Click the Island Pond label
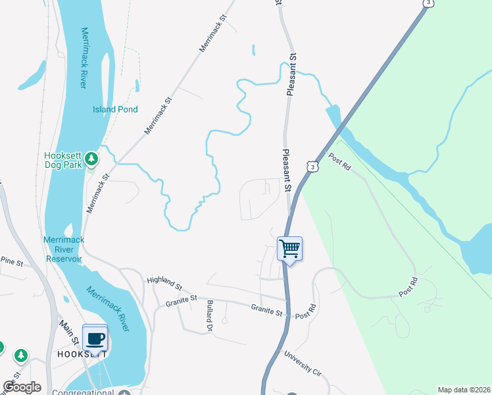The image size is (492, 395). click(115, 109)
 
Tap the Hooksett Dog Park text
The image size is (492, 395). click(62, 160)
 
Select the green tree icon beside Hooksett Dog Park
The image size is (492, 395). click(91, 159)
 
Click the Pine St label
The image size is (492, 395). click(12, 263)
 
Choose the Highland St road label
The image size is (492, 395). click(164, 282)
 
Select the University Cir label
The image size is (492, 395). click(303, 363)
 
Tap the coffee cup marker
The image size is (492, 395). click(95, 338)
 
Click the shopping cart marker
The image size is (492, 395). click(289, 249)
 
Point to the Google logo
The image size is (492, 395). click(22, 387)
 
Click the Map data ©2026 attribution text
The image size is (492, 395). click(464, 390)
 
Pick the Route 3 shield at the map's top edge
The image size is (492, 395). click(428, 3)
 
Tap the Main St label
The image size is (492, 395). click(68, 330)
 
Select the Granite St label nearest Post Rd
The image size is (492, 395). click(266, 308)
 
